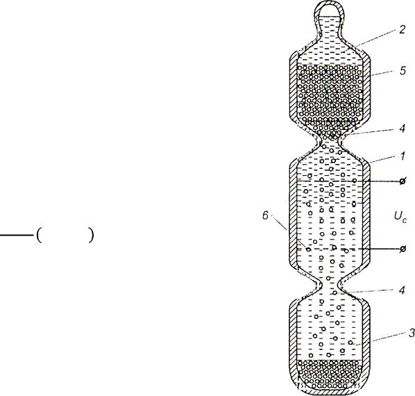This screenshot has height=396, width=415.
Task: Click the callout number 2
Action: [402, 29]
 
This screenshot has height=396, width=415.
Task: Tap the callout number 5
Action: [403, 71]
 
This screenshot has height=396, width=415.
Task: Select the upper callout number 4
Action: [402, 129]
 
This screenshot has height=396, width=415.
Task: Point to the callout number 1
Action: [403, 156]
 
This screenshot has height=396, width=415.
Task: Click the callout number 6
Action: [265, 215]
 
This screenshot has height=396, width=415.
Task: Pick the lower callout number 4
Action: [402, 290]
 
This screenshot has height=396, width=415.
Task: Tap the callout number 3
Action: [412, 333]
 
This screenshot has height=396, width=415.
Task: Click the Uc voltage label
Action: [400, 217]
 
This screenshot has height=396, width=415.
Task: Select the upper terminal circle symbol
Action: [403, 181]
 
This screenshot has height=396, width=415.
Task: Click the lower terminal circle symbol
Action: [403, 249]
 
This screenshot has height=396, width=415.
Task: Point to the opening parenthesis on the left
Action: [39, 235]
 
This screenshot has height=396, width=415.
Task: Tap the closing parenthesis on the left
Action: [91, 235]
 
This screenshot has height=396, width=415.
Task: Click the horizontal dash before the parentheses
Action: [17, 235]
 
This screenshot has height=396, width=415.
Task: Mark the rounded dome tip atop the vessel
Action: [329, 3]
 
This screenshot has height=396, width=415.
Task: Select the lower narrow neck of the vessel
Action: [330, 286]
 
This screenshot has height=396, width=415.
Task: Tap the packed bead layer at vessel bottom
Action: [330, 374]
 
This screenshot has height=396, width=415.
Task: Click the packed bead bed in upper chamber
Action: [330, 98]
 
